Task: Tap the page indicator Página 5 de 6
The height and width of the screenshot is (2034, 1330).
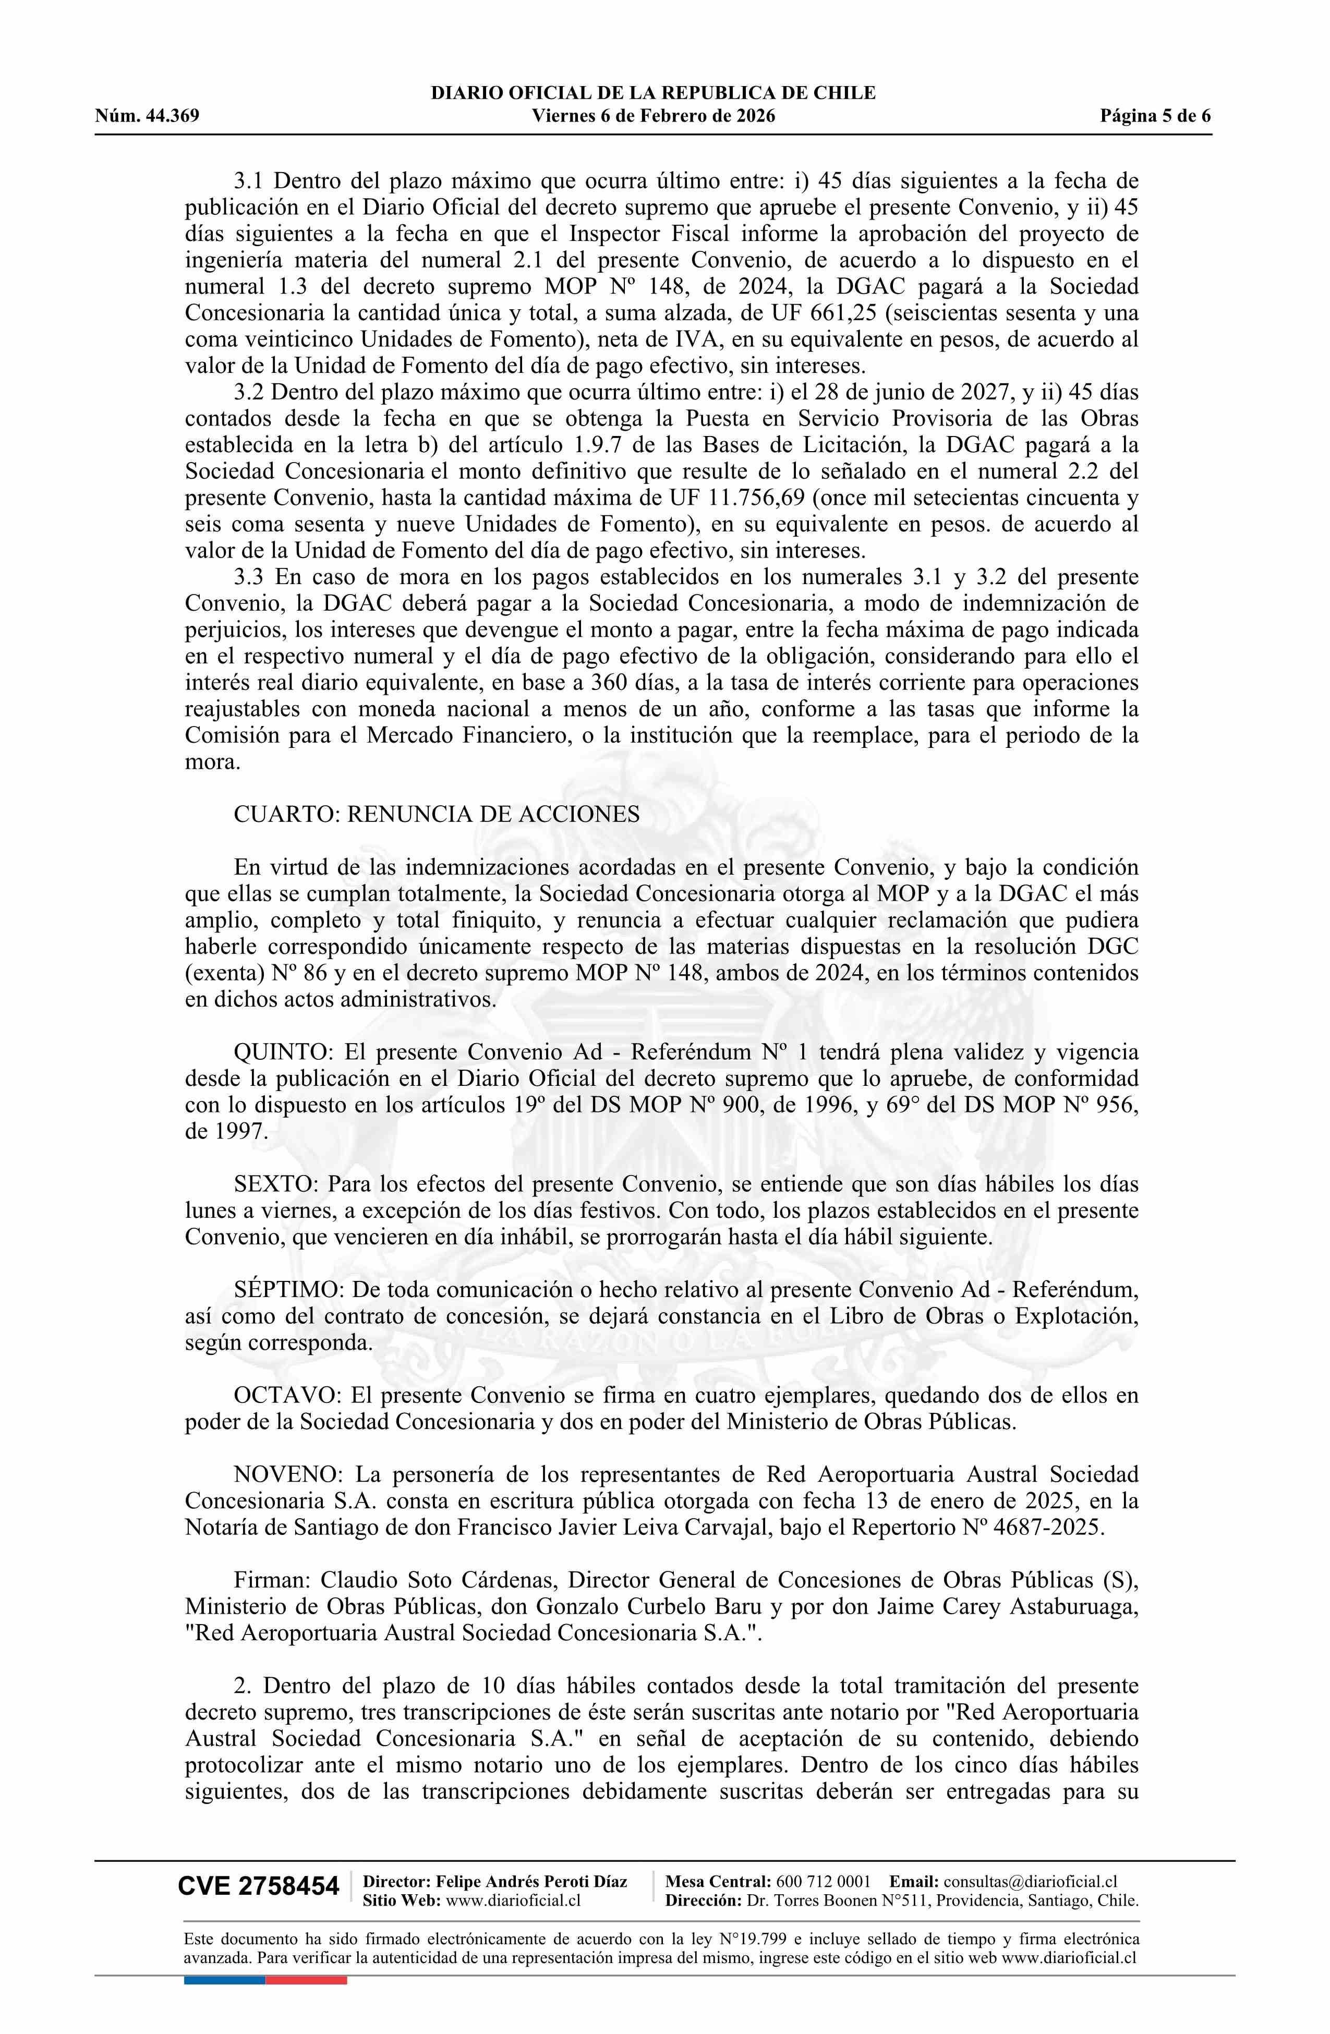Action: [x=1156, y=116]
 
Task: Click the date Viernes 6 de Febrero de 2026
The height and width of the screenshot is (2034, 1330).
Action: [x=653, y=116]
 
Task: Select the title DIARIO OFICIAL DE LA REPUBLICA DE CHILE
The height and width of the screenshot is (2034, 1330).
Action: [x=653, y=93]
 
